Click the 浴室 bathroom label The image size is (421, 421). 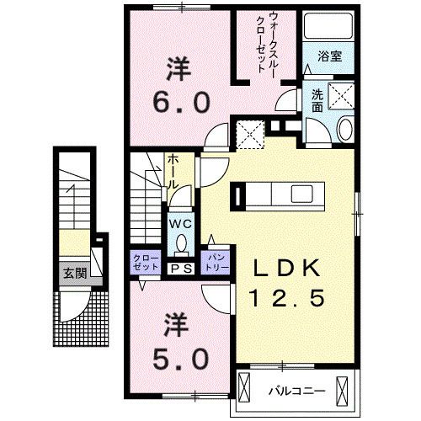[328, 58]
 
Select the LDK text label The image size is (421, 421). [286, 269]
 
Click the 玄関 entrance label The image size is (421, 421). [72, 274]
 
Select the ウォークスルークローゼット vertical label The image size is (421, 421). [269, 46]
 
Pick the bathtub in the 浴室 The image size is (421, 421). [328, 29]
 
